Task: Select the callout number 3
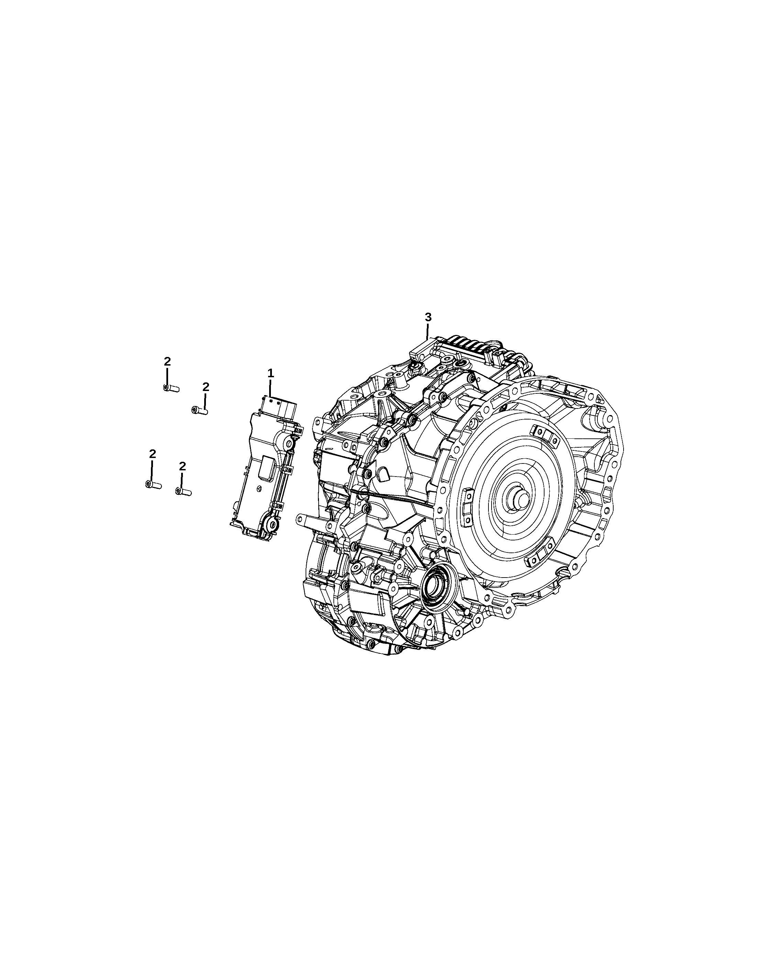[x=428, y=317]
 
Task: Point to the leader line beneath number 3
[x=428, y=332]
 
